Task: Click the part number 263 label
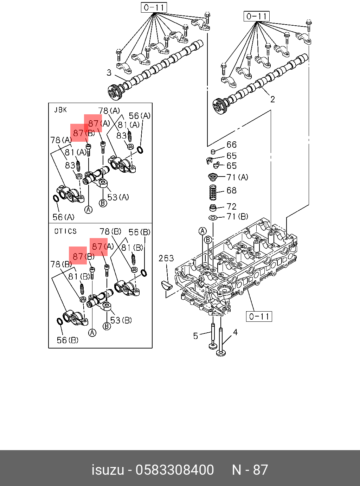pyautogui.click(x=166, y=258)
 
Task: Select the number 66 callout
pyautogui.click(x=231, y=145)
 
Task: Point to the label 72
pyautogui.click(x=231, y=206)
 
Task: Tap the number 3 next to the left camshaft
pyautogui.click(x=109, y=73)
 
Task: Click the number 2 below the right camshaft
pyautogui.click(x=272, y=100)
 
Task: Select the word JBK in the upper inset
pyautogui.click(x=60, y=110)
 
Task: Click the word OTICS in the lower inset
pyautogui.click(x=65, y=231)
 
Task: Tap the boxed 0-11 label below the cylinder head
pyautogui.click(x=259, y=316)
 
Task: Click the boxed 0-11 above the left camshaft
pyautogui.click(x=154, y=7)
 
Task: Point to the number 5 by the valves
pyautogui.click(x=196, y=336)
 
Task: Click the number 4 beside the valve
pyautogui.click(x=235, y=332)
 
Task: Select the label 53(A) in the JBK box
pyautogui.click(x=118, y=197)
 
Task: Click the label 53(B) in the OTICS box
pyautogui.click(x=121, y=320)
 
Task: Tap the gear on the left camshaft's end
pyautogui.click(x=115, y=92)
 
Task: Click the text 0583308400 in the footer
pyautogui.click(x=175, y=470)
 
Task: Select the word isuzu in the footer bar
pyautogui.click(x=108, y=470)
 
